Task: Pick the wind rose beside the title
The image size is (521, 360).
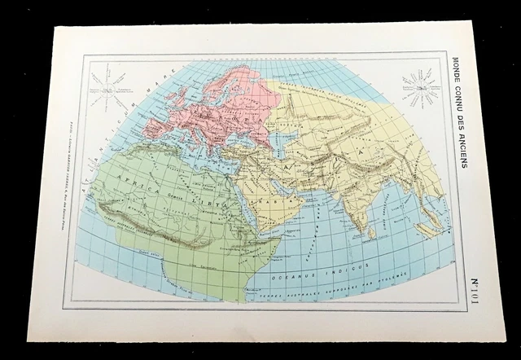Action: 418,86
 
